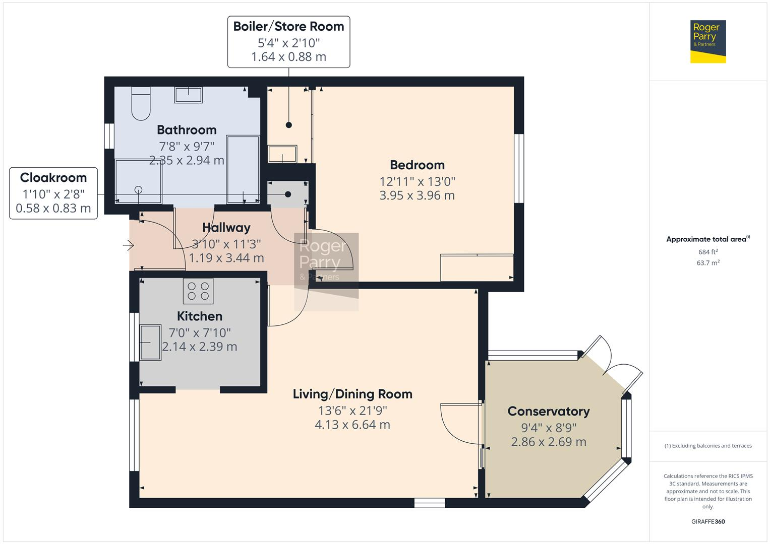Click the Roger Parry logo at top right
pyautogui.click(x=707, y=41)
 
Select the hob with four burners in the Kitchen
pyautogui.click(x=198, y=291)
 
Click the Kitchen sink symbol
pyautogui.click(x=150, y=343)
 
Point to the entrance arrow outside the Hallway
pyautogui.click(x=128, y=246)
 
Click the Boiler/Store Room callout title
pyautogui.click(x=288, y=27)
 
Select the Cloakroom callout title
pyautogui.click(x=53, y=178)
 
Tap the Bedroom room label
pyautogui.click(x=417, y=165)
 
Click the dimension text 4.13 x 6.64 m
pyautogui.click(x=352, y=425)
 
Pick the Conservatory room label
pyautogui.click(x=549, y=412)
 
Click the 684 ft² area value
pyautogui.click(x=708, y=252)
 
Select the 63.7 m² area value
pyautogui.click(x=708, y=263)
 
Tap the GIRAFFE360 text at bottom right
pyautogui.click(x=708, y=521)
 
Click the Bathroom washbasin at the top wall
pyautogui.click(x=188, y=95)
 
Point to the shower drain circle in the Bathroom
pyautogui.click(x=138, y=190)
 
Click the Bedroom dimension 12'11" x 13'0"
pyautogui.click(x=417, y=181)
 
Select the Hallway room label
pyautogui.click(x=226, y=228)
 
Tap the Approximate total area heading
pyautogui.click(x=707, y=239)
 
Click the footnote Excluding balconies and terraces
pyautogui.click(x=708, y=446)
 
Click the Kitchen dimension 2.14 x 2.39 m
pyautogui.click(x=200, y=347)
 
